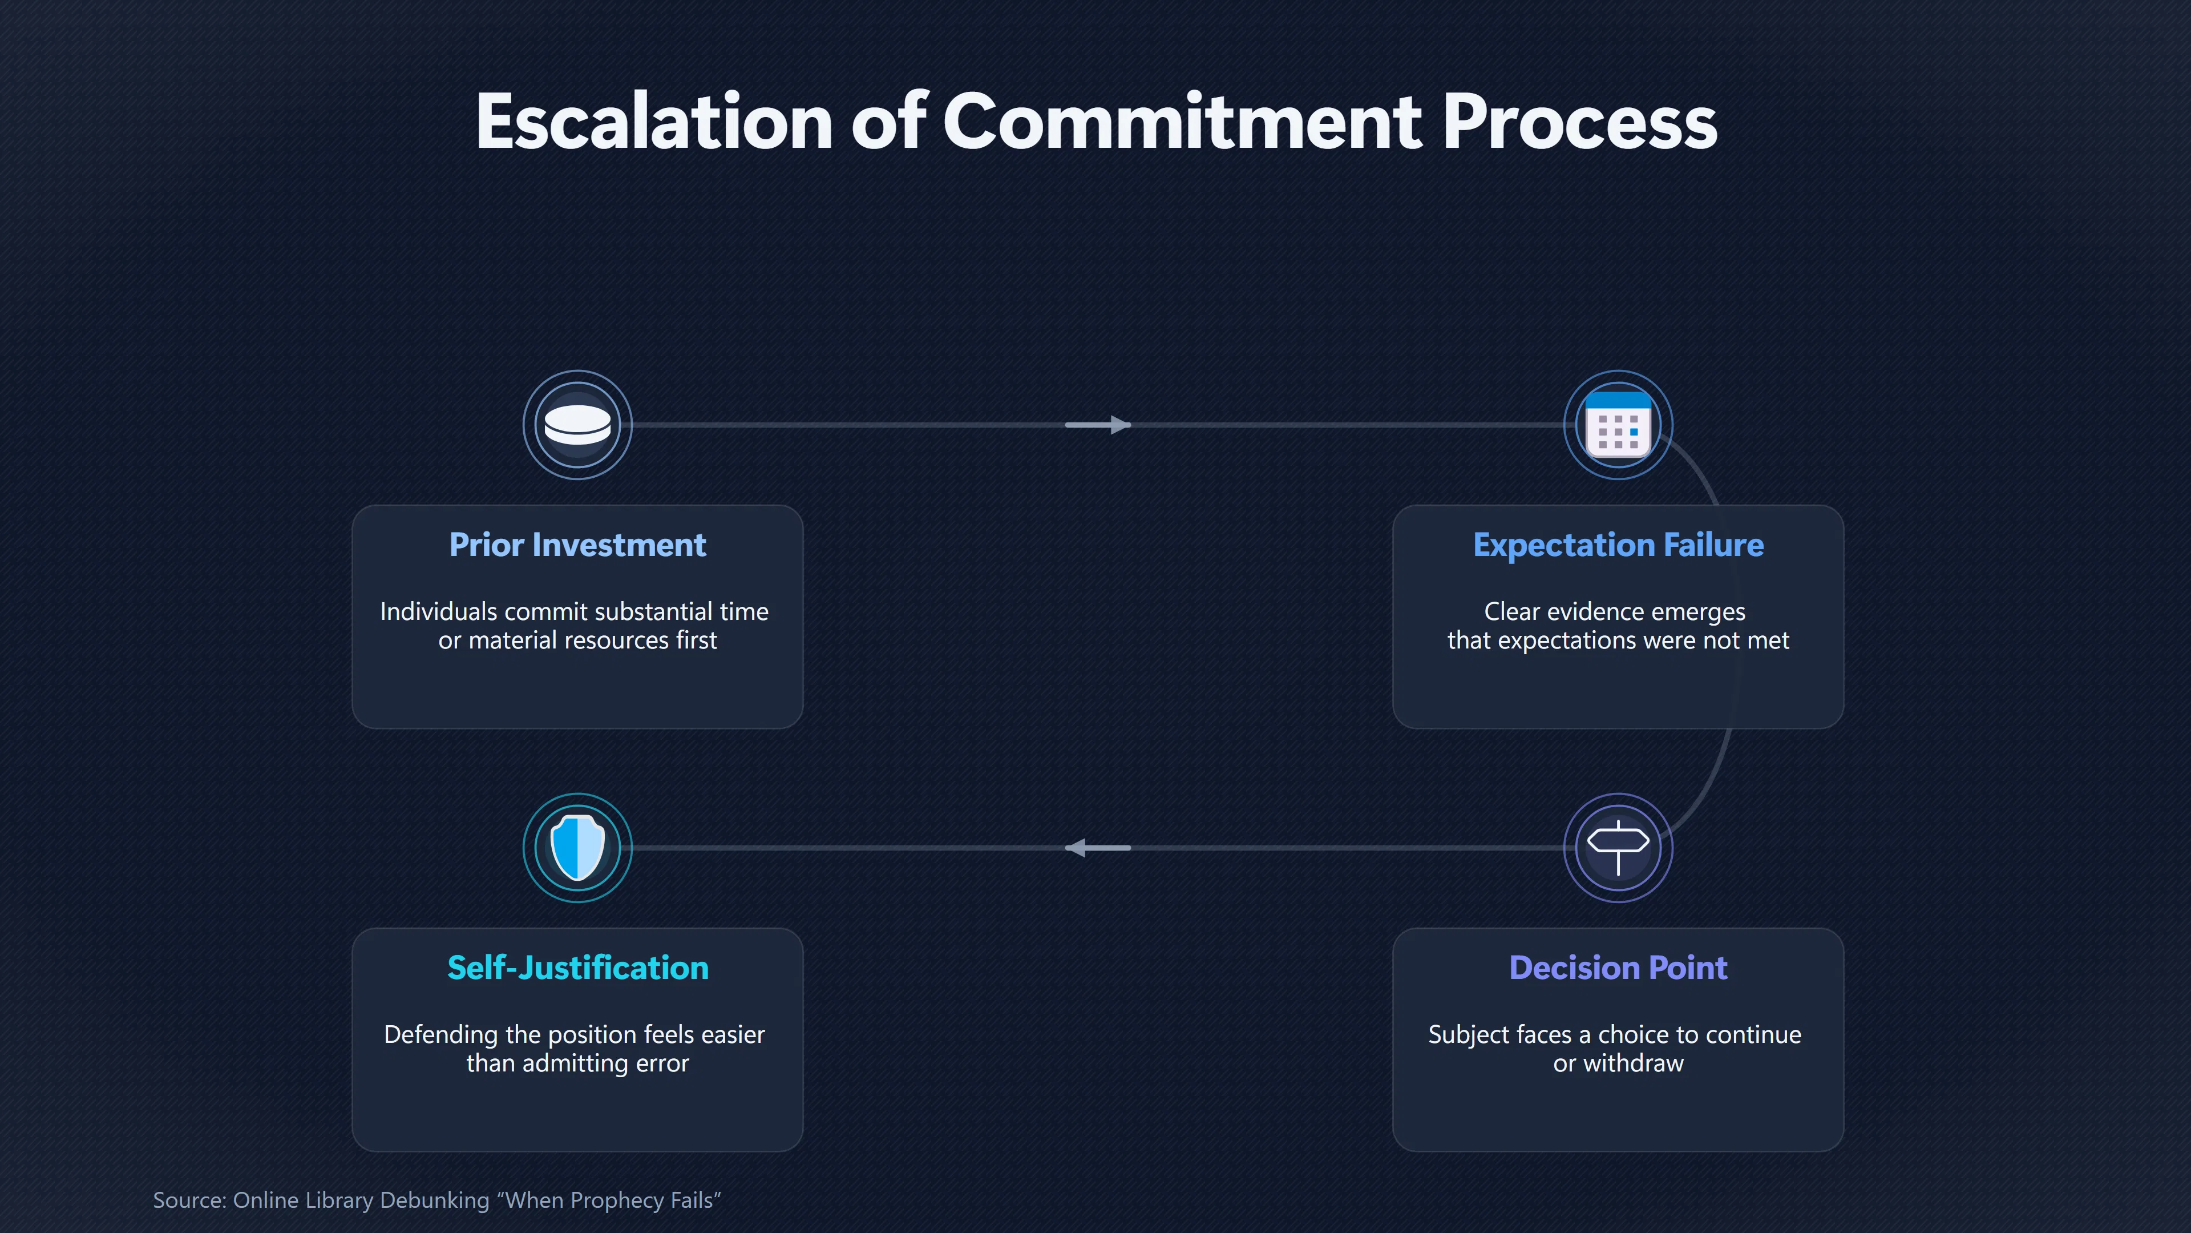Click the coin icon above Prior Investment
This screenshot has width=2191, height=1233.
pos(577,425)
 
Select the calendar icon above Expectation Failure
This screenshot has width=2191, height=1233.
pos(1618,425)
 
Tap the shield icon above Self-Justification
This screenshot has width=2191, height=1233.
pos(577,848)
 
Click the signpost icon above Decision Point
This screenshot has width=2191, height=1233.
pos(1618,848)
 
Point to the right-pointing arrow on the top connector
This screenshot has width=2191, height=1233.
pos(1098,425)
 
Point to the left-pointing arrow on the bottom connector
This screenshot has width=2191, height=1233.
pos(1098,848)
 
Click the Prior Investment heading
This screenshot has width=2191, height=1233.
pos(577,545)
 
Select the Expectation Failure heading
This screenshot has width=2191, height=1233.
pos(1618,545)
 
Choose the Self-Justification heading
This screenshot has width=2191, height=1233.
pos(577,968)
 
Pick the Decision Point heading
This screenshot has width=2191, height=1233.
pos(1618,968)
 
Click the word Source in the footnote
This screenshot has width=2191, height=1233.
pos(187,1200)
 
